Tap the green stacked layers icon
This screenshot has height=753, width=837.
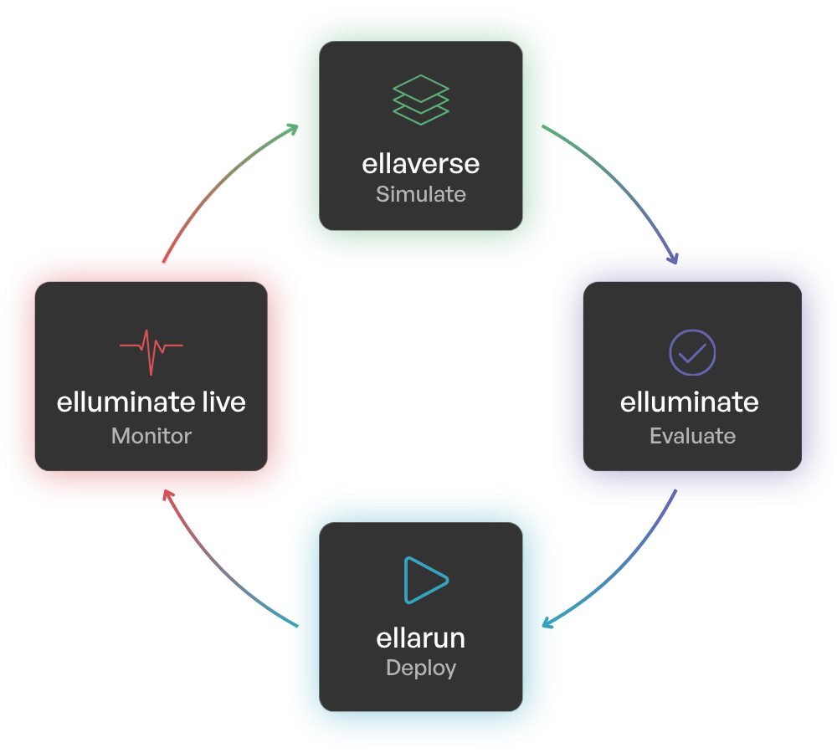click(x=421, y=100)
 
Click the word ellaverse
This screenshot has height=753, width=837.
click(x=421, y=162)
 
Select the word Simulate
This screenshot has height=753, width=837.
click(x=421, y=195)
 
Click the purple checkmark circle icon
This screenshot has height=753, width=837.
click(x=692, y=352)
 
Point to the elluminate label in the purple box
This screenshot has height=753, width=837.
click(x=690, y=402)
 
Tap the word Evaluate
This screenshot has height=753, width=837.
click(x=692, y=436)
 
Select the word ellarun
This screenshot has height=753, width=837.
click(x=421, y=638)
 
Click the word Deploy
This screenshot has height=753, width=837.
click(x=421, y=668)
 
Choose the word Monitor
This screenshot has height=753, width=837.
click(x=151, y=436)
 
